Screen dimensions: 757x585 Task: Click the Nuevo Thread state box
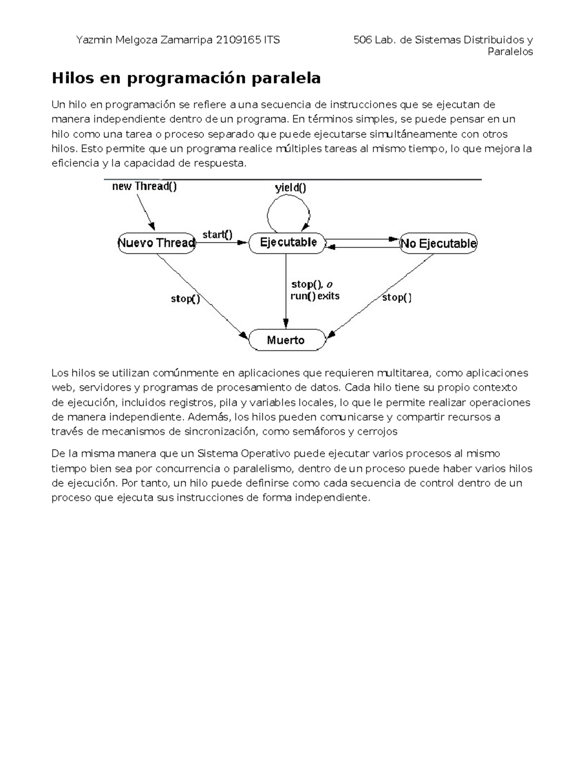click(156, 243)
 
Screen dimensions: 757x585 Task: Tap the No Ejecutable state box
click(438, 243)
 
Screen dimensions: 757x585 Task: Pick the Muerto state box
click(286, 340)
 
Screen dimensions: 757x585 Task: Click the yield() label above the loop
click(291, 188)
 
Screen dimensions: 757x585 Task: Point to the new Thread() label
click(144, 186)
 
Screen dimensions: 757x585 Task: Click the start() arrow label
click(217, 234)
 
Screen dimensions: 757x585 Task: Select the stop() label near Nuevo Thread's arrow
click(185, 299)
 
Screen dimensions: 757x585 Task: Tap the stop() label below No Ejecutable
click(397, 297)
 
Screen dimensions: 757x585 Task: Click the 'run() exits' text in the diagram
click(315, 296)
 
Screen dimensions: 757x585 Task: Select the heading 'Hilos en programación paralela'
click(186, 78)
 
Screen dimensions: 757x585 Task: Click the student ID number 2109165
click(238, 40)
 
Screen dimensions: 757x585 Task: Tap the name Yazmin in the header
click(94, 40)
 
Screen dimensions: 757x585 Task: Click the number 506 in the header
click(363, 40)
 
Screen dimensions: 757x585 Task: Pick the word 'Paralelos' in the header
click(510, 52)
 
